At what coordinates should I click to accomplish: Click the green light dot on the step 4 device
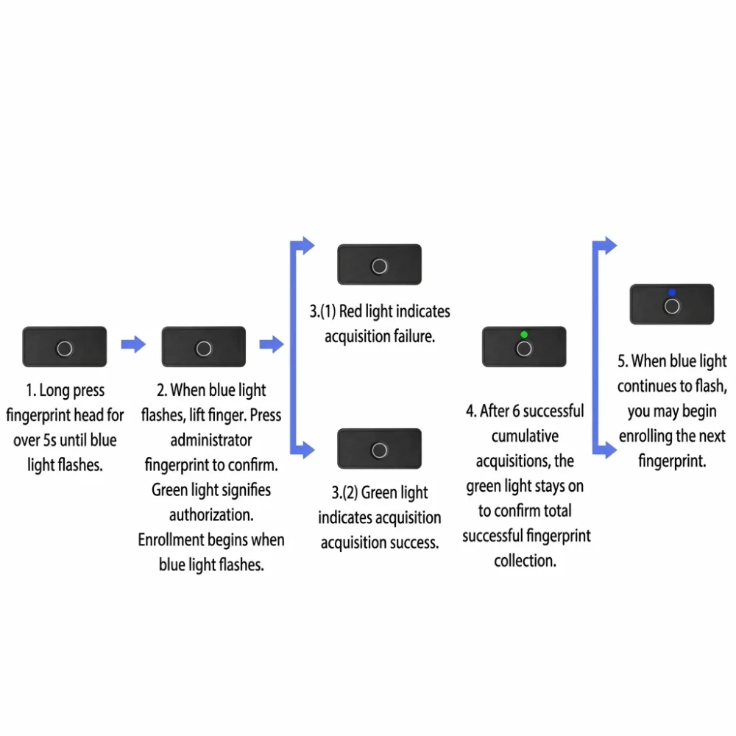[524, 335]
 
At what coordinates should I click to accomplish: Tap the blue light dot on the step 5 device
[672, 292]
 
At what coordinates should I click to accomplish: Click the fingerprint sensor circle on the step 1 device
[64, 349]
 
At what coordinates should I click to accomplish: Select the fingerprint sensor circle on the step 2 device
[204, 349]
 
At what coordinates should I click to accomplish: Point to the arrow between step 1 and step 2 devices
[133, 344]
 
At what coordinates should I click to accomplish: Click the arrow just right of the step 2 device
[272, 344]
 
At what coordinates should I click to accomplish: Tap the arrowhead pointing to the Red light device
[308, 245]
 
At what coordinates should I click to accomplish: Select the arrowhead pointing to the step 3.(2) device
[308, 450]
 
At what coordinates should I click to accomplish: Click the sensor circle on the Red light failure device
[379, 266]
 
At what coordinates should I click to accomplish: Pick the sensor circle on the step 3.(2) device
[379, 450]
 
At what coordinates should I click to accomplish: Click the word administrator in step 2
[211, 440]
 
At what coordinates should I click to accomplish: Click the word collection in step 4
[525, 560]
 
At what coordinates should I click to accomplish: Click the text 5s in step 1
[50, 440]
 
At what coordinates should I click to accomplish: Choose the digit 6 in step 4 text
[516, 411]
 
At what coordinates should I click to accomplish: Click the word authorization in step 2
[211, 515]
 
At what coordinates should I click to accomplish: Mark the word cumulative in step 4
[525, 436]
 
